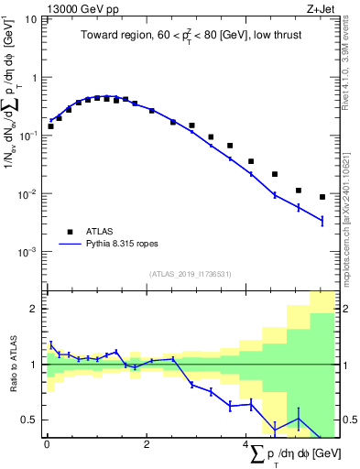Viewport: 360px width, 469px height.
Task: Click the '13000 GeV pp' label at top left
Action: (x=80, y=8)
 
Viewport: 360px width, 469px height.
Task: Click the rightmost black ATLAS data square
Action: (x=322, y=197)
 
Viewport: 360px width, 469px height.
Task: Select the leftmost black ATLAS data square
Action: (x=50, y=126)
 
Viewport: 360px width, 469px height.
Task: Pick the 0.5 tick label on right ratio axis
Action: (x=346, y=420)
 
